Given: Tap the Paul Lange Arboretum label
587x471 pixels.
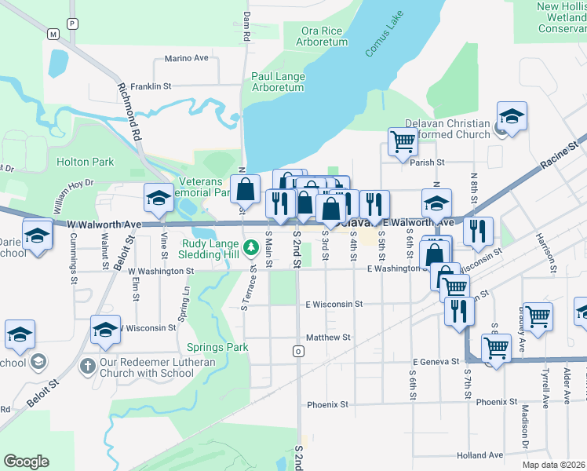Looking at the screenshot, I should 278,82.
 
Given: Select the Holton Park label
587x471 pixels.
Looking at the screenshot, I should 85,162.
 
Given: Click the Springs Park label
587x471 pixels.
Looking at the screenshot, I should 217,347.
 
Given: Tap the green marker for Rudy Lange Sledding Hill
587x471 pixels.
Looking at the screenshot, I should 250,248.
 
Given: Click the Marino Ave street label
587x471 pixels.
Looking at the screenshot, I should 186,58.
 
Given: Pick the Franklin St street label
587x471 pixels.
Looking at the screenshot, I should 151,86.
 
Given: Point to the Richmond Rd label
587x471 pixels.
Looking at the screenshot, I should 130,111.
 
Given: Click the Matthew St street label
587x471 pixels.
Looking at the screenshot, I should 327,337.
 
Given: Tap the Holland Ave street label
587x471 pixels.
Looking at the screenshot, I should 480,455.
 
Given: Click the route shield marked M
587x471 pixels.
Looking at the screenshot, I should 53,35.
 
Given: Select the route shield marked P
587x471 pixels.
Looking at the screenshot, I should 73,24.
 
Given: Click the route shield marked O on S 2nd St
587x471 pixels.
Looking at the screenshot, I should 298,351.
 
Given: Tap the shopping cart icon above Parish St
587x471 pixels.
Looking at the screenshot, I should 403,141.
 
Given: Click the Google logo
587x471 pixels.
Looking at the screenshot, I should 26,462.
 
